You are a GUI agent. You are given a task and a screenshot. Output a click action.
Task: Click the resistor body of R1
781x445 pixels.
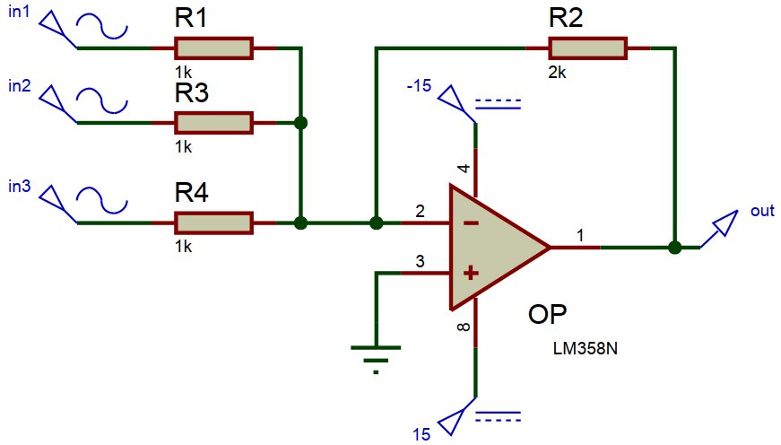tap(213, 48)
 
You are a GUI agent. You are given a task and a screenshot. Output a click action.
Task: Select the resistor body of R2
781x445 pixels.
tap(588, 48)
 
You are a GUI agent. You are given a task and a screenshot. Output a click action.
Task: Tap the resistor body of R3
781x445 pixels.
tap(213, 122)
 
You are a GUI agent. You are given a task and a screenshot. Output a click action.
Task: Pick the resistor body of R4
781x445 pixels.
tap(213, 222)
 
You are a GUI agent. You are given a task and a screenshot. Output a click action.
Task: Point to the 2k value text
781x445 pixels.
tap(556, 74)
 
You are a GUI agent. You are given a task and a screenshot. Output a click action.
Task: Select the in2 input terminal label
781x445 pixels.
tap(19, 88)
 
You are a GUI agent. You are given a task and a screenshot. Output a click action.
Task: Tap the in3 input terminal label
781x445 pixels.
tap(19, 187)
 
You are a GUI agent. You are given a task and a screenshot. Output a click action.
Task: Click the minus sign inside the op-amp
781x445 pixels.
tap(471, 222)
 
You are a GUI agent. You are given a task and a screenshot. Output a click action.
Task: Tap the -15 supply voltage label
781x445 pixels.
tap(420, 87)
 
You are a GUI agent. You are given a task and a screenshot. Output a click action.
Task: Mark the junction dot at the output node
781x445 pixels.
tap(674, 247)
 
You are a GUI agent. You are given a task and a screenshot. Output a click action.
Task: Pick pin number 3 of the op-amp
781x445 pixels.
tap(419, 261)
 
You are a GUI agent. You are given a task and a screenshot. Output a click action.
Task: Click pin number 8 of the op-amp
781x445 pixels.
tap(464, 327)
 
